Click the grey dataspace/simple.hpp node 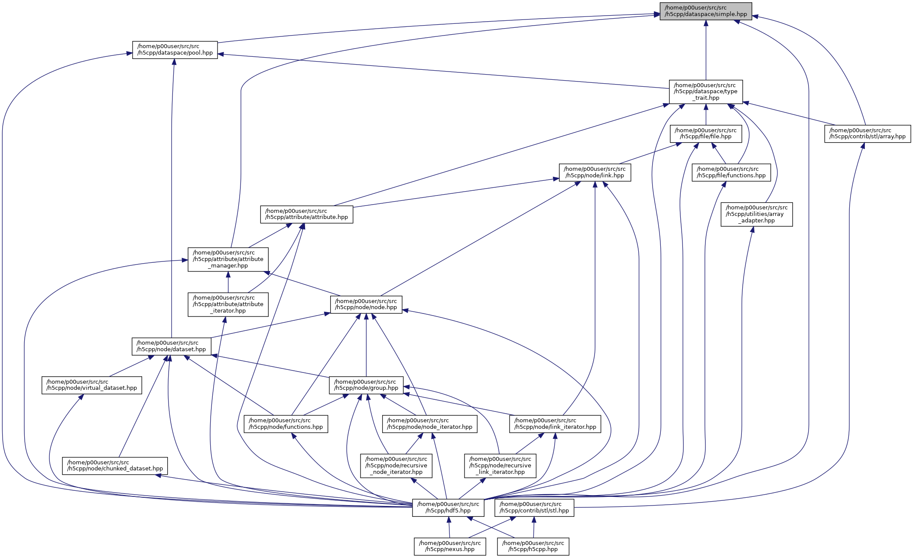[x=705, y=11]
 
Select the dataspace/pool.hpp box [x=175, y=50]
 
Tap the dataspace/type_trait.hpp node [x=705, y=91]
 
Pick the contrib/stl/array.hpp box [x=867, y=134]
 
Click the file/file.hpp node [x=705, y=134]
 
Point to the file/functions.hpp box [x=731, y=172]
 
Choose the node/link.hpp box [x=595, y=172]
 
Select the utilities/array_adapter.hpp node [x=756, y=214]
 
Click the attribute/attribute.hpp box [x=306, y=214]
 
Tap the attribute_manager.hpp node [x=228, y=259]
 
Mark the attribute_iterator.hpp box [x=228, y=304]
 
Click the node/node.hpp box [x=366, y=304]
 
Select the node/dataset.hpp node [x=171, y=346]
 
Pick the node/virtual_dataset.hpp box [x=91, y=385]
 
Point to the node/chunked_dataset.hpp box [x=115, y=465]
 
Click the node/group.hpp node [x=366, y=385]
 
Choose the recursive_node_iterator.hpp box [x=396, y=466]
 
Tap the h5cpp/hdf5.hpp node [x=448, y=507]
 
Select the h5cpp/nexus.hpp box [x=449, y=546]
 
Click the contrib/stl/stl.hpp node [x=534, y=507]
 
